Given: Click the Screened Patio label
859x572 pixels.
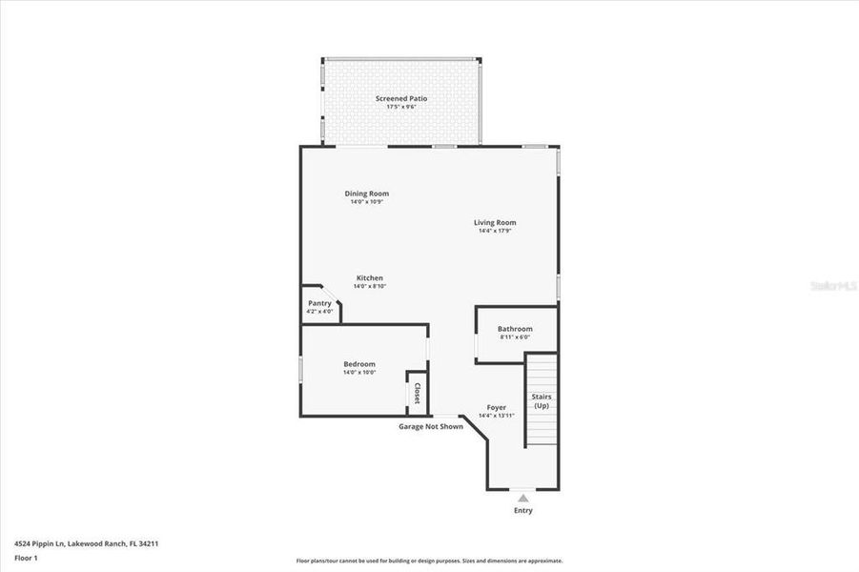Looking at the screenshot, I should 400,98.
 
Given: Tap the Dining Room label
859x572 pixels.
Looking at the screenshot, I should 367,194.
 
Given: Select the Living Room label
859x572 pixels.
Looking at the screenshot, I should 495,222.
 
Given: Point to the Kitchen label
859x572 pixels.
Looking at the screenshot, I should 369,277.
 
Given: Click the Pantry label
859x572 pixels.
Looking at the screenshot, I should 319,303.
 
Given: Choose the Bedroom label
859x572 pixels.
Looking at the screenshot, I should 359,363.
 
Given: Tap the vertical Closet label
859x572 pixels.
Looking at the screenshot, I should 417,393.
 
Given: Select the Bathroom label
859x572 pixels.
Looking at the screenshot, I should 515,329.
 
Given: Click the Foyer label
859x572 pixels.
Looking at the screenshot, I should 496,407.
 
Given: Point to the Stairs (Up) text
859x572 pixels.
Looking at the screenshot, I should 542,400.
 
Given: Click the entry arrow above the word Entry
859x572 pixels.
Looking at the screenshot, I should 522,498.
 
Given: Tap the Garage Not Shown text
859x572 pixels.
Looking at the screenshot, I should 431,426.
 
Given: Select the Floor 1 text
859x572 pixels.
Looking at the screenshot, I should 26,558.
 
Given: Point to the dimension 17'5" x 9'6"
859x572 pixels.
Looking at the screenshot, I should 400,107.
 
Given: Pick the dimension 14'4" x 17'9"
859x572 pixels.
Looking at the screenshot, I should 495,231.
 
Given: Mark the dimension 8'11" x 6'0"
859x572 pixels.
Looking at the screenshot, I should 515,337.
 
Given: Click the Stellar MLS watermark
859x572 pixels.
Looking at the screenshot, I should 831,285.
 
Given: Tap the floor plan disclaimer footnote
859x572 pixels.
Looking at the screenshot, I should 429,561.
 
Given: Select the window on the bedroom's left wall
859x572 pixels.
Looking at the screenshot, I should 301,370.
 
